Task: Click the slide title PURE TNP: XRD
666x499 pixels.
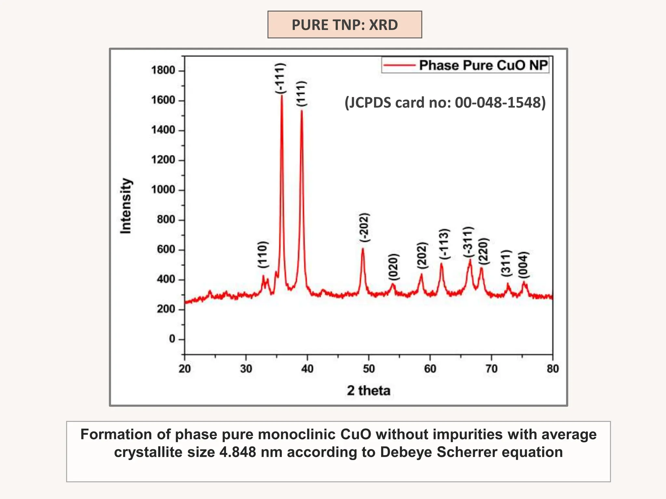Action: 344,25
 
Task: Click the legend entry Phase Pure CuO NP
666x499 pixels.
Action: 483,65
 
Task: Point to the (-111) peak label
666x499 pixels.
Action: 280,79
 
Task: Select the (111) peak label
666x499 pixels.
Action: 301,94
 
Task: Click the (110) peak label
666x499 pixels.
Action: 263,254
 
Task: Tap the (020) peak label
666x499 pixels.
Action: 393,267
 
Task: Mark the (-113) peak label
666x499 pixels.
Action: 444,244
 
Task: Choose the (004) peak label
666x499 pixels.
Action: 524,265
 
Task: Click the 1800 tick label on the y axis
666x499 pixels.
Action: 163,70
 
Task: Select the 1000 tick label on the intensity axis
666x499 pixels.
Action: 163,190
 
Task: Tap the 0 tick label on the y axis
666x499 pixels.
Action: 172,339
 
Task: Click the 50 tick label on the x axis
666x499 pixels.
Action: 369,369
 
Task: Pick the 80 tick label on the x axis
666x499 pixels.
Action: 553,369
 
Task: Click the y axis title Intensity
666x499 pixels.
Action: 126,206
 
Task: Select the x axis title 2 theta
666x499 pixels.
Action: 368,390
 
